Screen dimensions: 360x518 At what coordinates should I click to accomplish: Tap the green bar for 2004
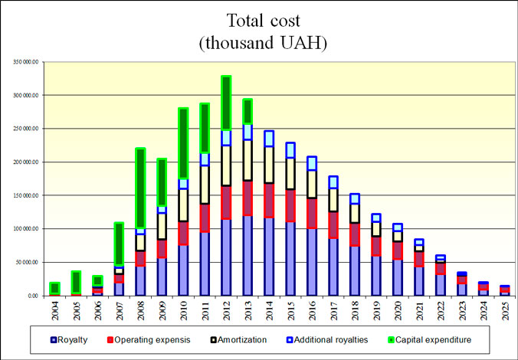pos(54,288)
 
